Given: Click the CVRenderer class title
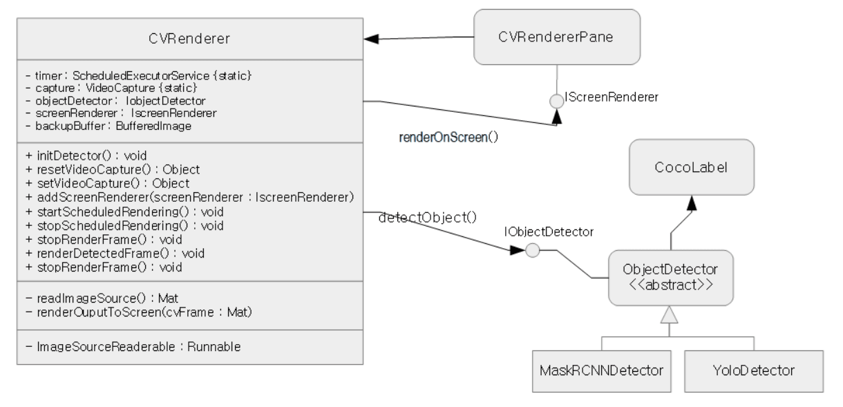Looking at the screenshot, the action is coord(189,39).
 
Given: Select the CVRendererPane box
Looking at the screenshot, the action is coord(557,37).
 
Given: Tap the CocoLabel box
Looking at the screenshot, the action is coord(692,167).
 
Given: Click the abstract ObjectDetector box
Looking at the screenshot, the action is coord(671,278).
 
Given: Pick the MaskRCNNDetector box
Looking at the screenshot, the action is coord(601,371).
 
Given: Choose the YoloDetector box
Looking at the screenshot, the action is coord(754,371).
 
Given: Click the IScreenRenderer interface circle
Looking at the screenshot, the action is coord(557,102).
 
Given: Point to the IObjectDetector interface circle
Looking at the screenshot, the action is coord(533,250).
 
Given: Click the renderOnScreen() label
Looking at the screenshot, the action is coord(448,138).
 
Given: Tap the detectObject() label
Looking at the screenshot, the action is coord(428,218).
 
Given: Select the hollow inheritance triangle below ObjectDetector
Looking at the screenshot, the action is coord(669,315).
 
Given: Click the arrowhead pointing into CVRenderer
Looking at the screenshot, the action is coord(371,39).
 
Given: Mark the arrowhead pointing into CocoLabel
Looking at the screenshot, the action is coord(692,203).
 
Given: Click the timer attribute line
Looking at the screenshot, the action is coord(138,76).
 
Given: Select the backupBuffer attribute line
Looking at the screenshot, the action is coord(108,126).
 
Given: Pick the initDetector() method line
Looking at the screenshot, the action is coord(86,155).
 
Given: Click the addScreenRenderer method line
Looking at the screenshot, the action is coord(190,198).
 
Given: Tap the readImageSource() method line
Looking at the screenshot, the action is coord(102,299).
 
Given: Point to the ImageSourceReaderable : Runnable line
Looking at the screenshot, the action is coord(133,347).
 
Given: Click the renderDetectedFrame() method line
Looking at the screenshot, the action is coord(115,254).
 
